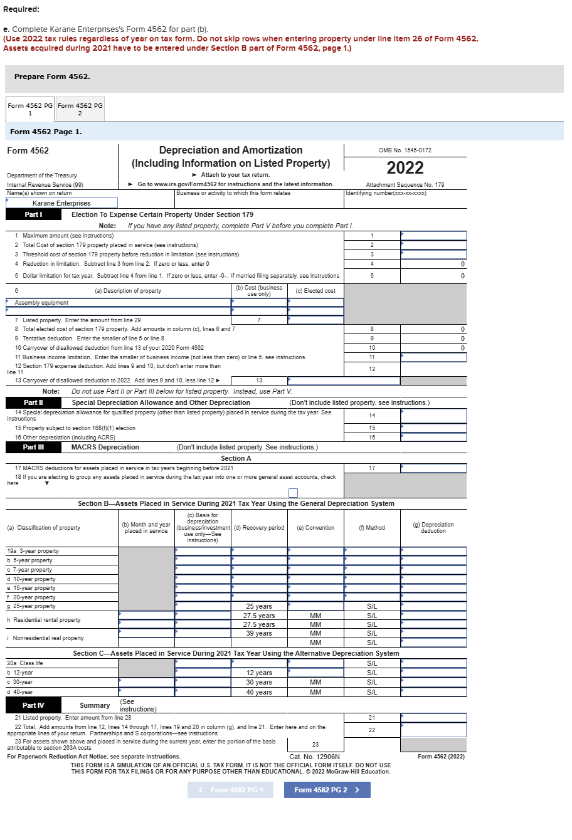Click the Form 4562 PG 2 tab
point(80,109)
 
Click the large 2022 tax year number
point(405,168)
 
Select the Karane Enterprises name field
point(61,203)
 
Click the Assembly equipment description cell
point(119,303)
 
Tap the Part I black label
point(33,214)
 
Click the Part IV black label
point(33,705)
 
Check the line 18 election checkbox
point(293,493)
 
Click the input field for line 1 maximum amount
point(433,236)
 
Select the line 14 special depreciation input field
point(433,416)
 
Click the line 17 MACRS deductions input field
point(433,468)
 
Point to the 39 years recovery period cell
point(259,633)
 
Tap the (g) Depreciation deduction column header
point(433,528)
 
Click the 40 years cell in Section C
point(259,692)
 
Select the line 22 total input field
point(433,730)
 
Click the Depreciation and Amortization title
point(231,150)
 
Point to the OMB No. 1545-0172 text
point(405,150)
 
